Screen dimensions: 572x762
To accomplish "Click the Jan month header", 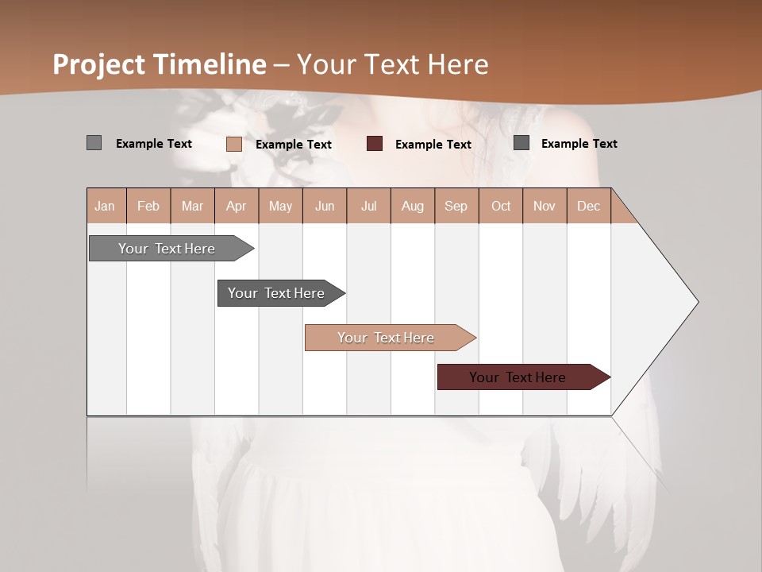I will coord(105,206).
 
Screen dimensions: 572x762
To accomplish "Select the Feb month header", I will coord(148,206).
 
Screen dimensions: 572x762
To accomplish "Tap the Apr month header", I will coord(236,206).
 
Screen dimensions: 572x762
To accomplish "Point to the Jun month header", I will coord(325,206).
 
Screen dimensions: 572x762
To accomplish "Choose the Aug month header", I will coord(412,206).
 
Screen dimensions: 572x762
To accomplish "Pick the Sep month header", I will coord(456,206).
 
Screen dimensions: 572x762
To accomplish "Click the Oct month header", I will coord(501,206).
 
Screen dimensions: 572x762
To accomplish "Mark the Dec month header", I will coord(588,206).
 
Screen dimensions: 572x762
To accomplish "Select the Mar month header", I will coord(192,206).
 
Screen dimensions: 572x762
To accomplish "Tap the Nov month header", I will coord(544,206).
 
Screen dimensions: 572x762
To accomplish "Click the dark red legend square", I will coord(375,144).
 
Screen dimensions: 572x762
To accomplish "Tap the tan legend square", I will coord(234,144).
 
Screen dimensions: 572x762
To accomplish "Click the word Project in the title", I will coord(100,64).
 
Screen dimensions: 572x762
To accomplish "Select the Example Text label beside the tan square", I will coord(293,145).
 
